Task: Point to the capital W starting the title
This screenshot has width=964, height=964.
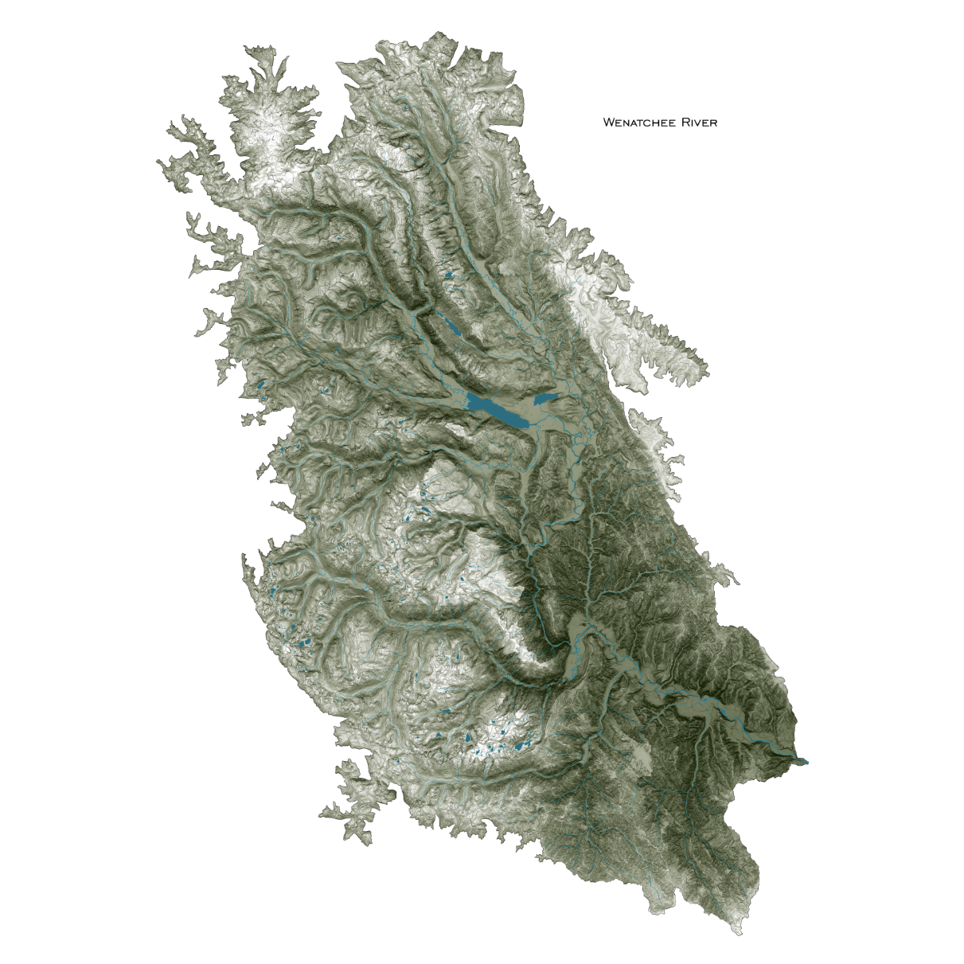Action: (608, 123)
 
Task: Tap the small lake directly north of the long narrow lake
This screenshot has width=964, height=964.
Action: (449, 276)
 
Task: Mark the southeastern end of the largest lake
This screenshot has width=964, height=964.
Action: (526, 425)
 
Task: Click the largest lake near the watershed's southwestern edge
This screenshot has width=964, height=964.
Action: (303, 642)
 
